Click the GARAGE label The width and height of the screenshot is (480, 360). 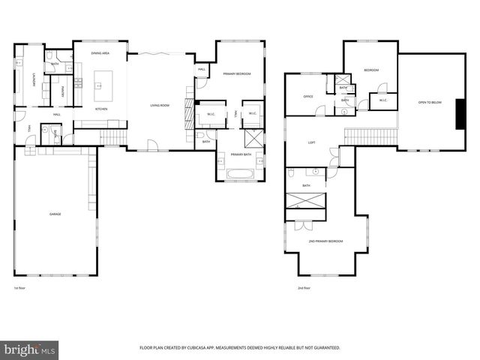(55, 214)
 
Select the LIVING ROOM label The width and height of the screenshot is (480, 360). (160, 106)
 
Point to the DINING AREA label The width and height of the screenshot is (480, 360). (100, 53)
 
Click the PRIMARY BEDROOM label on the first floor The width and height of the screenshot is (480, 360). (236, 73)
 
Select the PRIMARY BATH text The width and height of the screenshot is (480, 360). (241, 154)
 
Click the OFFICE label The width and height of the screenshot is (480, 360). (307, 97)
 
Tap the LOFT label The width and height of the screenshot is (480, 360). (311, 142)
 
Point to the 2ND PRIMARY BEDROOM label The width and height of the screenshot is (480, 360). (325, 241)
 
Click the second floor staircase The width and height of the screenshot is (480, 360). (370, 135)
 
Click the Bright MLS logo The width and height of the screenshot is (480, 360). (30, 349)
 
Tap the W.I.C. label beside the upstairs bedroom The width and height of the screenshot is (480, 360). (382, 100)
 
